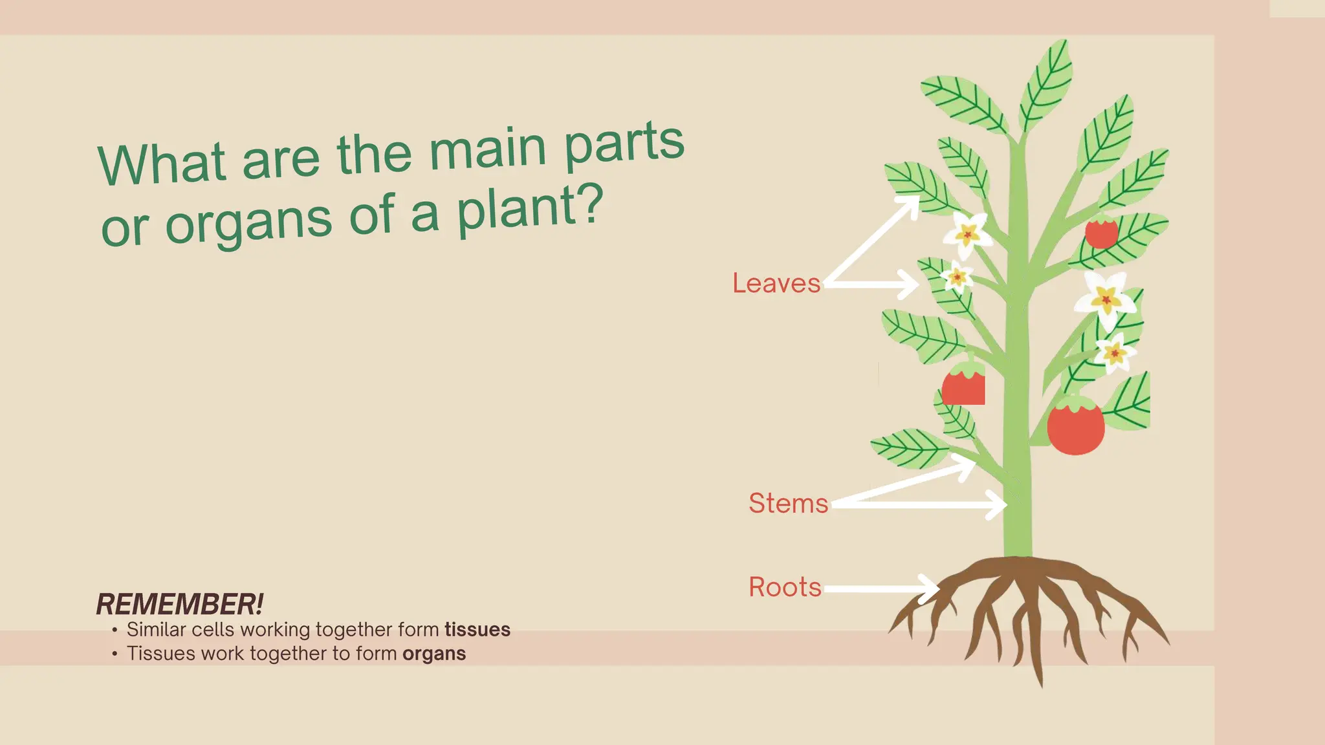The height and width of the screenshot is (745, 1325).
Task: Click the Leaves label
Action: point(776,283)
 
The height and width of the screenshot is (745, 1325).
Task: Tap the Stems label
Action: point(788,503)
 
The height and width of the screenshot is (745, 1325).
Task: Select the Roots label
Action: point(785,587)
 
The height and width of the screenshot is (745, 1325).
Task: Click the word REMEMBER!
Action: point(180,605)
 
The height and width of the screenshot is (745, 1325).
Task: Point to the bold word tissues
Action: point(477,629)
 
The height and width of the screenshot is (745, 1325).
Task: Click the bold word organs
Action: point(433,654)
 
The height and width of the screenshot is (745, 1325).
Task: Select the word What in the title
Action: point(162,164)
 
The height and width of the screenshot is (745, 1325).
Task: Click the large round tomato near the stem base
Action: point(1075,426)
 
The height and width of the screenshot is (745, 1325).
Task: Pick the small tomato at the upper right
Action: point(1101,233)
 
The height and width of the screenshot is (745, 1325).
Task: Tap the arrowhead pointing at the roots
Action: point(932,588)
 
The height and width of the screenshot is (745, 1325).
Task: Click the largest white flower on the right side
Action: point(1105,298)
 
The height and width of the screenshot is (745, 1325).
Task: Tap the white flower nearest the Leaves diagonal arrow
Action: point(968,233)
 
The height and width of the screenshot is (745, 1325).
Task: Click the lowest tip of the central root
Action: point(1041,684)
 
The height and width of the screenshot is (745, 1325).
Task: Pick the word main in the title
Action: point(488,149)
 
